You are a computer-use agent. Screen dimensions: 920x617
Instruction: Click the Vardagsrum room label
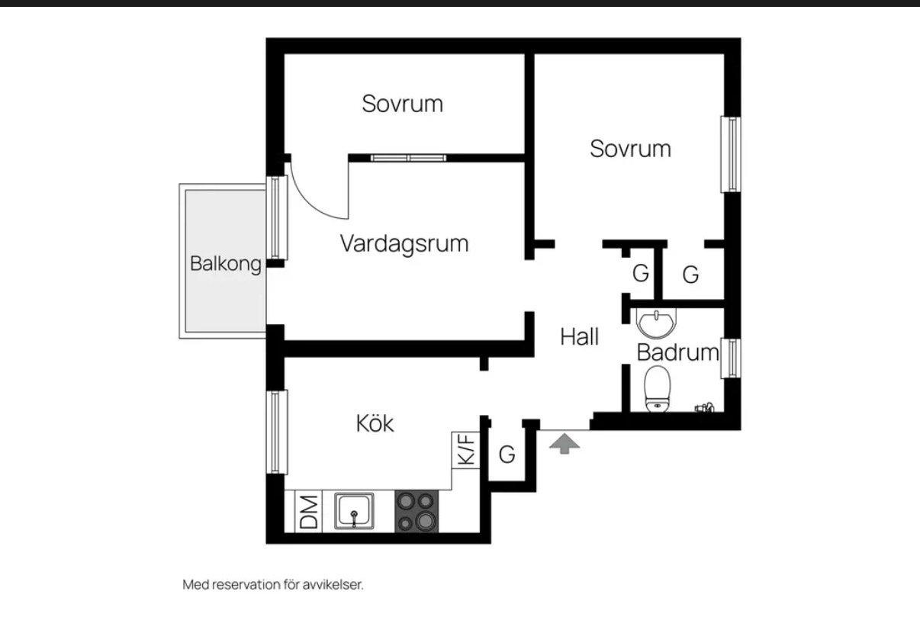click(404, 244)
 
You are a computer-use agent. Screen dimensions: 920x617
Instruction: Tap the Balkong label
click(226, 264)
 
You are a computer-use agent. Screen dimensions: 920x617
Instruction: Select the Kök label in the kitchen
click(375, 423)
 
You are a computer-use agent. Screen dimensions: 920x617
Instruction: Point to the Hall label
click(580, 336)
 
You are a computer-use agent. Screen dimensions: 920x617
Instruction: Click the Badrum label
click(677, 352)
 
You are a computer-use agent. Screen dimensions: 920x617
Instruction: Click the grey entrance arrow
click(565, 444)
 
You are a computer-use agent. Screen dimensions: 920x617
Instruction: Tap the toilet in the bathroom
click(657, 388)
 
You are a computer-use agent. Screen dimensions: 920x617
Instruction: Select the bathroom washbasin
click(656, 323)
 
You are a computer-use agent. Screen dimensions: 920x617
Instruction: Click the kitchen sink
click(354, 511)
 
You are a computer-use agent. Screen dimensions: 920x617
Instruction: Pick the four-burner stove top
click(417, 511)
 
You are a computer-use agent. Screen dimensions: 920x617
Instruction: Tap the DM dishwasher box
click(308, 512)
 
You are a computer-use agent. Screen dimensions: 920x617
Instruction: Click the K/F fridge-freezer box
click(466, 450)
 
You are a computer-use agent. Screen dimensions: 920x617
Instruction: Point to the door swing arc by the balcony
click(311, 202)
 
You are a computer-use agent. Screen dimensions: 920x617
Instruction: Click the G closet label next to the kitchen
click(507, 455)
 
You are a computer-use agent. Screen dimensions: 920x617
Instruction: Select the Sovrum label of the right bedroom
click(630, 149)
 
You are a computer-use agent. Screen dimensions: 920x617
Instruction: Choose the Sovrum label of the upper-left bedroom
click(403, 104)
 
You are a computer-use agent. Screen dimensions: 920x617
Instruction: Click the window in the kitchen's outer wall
click(277, 432)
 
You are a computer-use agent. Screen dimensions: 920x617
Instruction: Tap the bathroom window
click(731, 358)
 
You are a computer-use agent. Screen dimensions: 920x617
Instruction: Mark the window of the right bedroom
click(731, 154)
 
